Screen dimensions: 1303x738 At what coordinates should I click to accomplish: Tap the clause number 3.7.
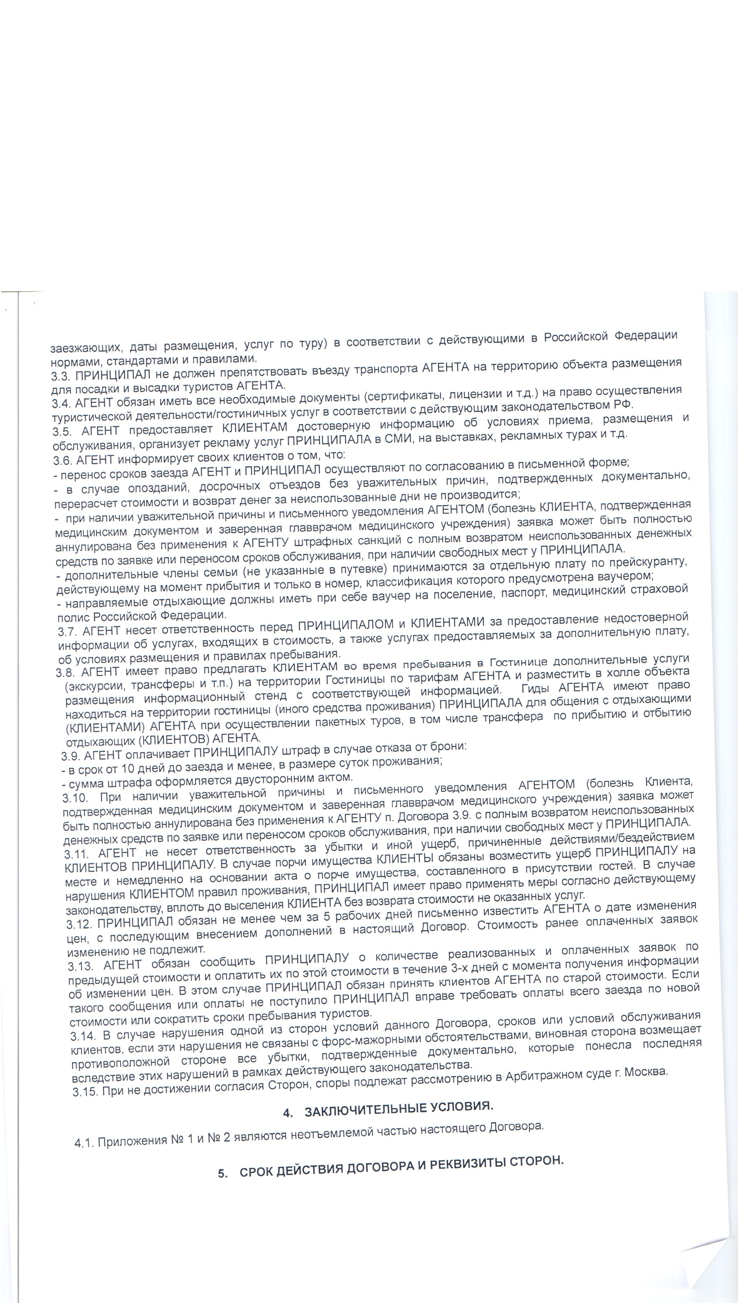pyautogui.click(x=68, y=632)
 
